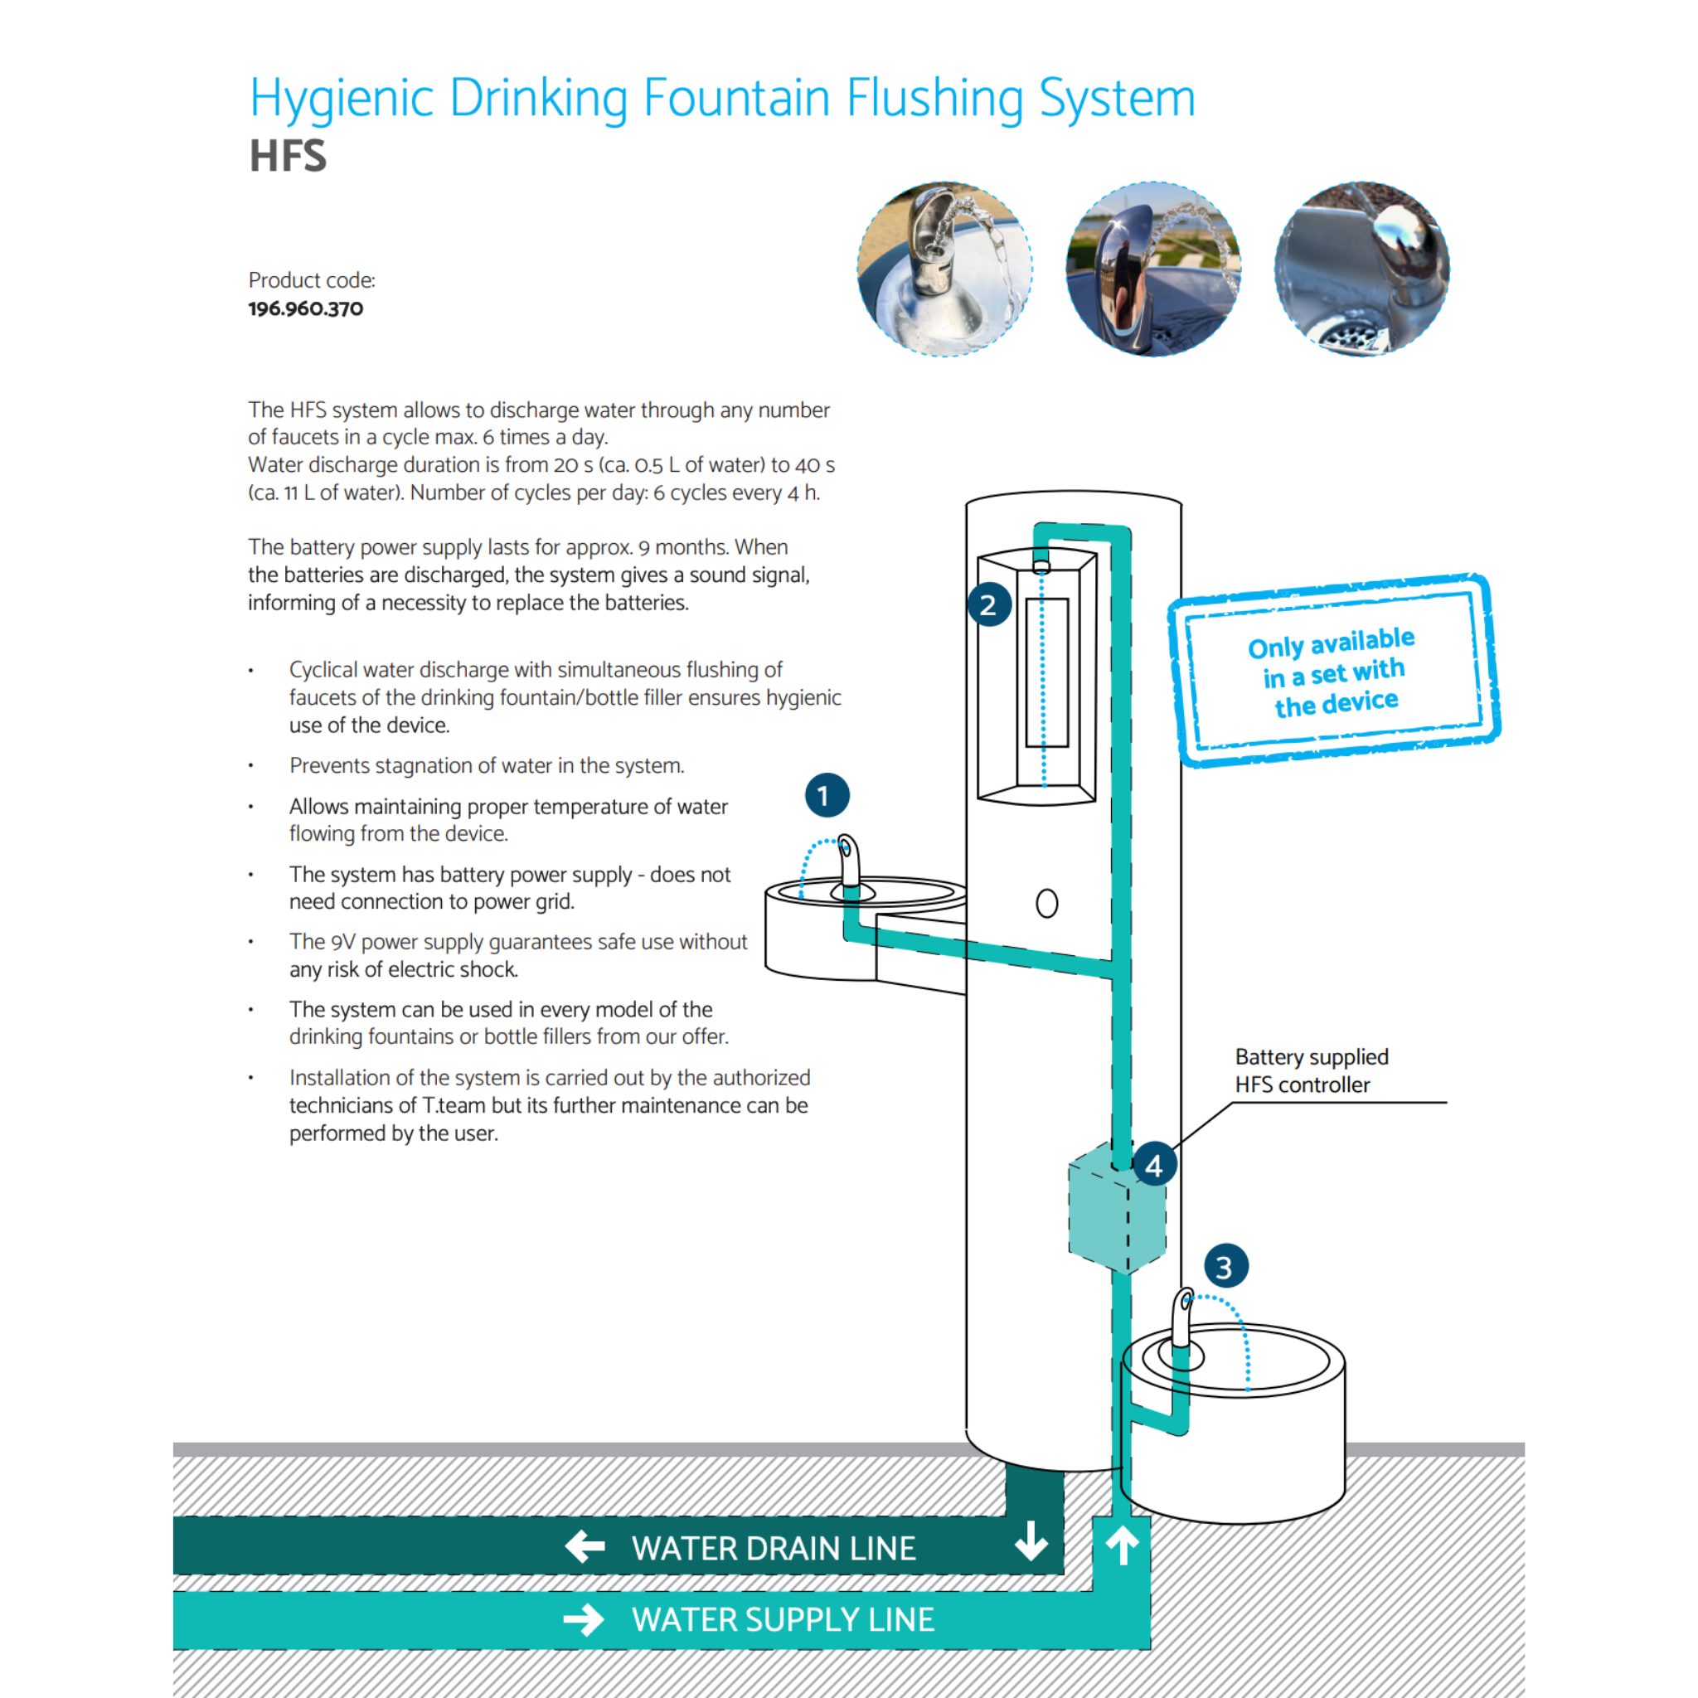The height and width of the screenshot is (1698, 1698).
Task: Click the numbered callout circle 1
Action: (826, 795)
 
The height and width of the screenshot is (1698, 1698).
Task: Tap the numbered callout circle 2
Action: (989, 604)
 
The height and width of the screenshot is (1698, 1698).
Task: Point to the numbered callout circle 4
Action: (1154, 1165)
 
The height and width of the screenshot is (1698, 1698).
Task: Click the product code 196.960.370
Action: (305, 308)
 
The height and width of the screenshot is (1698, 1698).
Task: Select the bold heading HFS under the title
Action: (288, 157)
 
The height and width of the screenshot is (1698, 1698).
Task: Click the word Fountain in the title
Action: (735, 98)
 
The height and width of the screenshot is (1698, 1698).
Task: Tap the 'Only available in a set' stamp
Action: (1333, 671)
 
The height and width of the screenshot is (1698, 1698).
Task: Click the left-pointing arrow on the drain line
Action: (585, 1546)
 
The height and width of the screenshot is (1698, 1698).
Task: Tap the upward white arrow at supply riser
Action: (1122, 1544)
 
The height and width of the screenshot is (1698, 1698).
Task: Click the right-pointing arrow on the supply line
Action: (584, 1619)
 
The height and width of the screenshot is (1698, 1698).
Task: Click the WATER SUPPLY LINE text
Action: (782, 1619)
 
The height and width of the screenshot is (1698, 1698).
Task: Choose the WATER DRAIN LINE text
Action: (774, 1548)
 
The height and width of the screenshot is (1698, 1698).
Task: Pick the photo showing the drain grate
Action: (1361, 269)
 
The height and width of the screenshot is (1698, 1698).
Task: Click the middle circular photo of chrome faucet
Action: (1152, 269)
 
